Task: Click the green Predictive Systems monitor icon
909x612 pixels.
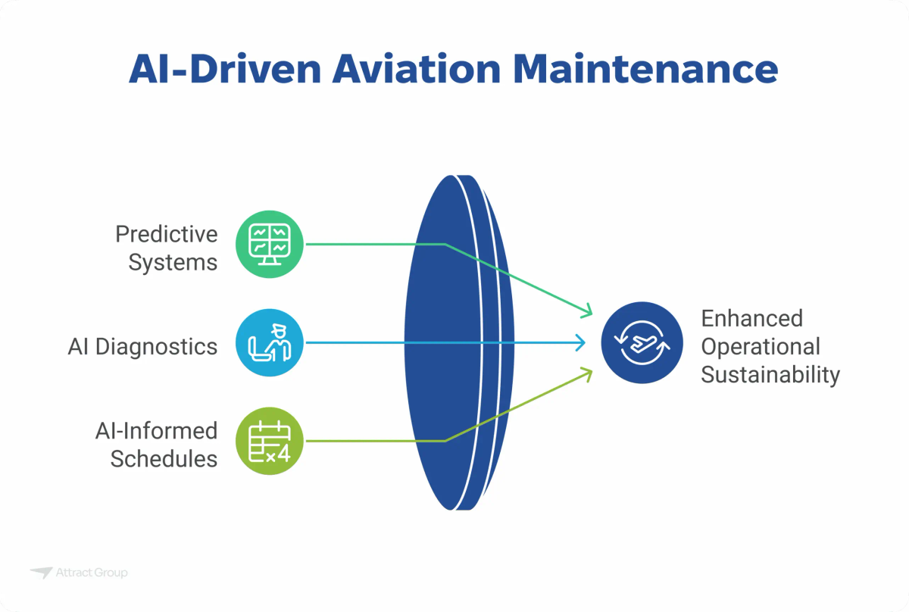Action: pyautogui.click(x=270, y=245)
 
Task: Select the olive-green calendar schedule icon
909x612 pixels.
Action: pyautogui.click(x=270, y=442)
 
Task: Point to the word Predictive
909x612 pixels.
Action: pyautogui.click(x=166, y=235)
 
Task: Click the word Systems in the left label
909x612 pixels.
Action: pyautogui.click(x=173, y=263)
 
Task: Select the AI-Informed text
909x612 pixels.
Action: pyautogui.click(x=156, y=431)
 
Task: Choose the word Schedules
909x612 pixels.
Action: pyautogui.click(x=164, y=459)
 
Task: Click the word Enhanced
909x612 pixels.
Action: pyautogui.click(x=751, y=318)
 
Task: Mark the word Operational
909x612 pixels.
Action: pyautogui.click(x=760, y=347)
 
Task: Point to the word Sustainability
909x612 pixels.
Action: pyautogui.click(x=770, y=375)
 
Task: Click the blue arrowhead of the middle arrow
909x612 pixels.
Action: pyautogui.click(x=580, y=343)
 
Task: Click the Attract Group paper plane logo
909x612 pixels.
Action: pyautogui.click(x=41, y=573)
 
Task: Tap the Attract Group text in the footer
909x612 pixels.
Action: pyautogui.click(x=92, y=573)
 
